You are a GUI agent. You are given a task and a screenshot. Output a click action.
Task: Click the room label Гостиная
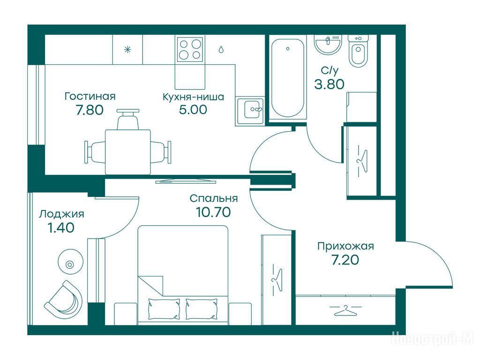90,97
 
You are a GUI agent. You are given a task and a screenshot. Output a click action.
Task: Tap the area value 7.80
90,110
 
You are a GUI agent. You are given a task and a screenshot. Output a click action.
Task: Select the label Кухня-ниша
193,97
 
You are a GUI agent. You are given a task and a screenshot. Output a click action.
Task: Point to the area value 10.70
213,212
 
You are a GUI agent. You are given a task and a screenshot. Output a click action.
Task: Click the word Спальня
214,198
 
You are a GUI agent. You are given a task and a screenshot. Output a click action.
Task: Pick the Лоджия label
61,214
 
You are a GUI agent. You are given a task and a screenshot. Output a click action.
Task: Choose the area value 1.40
61,227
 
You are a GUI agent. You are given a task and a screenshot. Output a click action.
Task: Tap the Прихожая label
345,246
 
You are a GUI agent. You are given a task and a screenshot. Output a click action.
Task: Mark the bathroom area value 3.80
330,84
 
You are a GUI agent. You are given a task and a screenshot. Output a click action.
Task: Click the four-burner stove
190,49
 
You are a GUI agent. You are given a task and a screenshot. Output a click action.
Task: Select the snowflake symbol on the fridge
127,50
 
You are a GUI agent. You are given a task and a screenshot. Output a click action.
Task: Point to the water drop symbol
221,49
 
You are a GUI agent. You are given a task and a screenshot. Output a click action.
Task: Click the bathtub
287,78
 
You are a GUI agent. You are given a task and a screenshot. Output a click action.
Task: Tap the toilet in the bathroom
358,51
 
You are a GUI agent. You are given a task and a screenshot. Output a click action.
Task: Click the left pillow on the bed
164,309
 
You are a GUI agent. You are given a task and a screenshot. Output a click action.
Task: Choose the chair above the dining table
128,120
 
